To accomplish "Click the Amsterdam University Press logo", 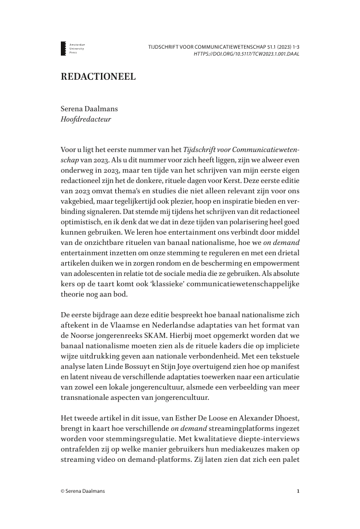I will (x=72, y=48).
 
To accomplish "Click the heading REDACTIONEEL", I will (x=98, y=77).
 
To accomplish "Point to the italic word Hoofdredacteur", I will (x=86, y=119).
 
